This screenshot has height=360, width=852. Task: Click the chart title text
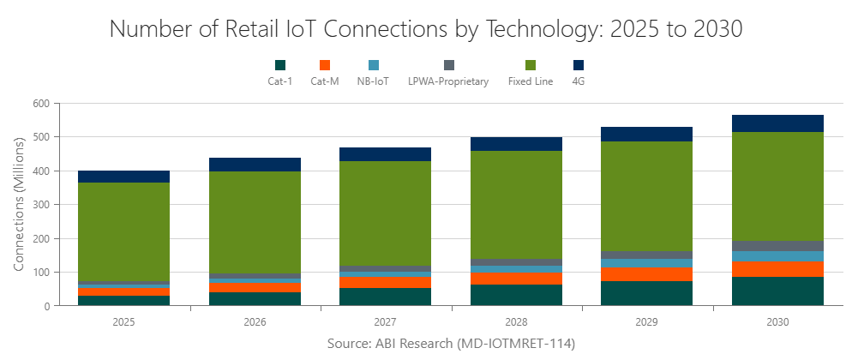[x=426, y=28]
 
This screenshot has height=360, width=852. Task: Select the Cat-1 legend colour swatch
[x=280, y=65]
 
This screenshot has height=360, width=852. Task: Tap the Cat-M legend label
[x=325, y=81]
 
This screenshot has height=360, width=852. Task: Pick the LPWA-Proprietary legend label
[x=448, y=81]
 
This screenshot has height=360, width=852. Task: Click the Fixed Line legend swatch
[x=531, y=65]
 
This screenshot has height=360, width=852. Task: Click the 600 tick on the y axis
[x=42, y=104]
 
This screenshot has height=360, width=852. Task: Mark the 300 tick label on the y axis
[x=42, y=205]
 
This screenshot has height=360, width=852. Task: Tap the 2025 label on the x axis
[x=123, y=323]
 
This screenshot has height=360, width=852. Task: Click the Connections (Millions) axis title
[x=19, y=204]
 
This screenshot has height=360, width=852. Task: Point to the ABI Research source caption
[x=451, y=344]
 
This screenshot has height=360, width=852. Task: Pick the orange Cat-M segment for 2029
[x=647, y=274]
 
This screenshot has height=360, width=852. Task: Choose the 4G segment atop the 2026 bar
[x=255, y=165]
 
